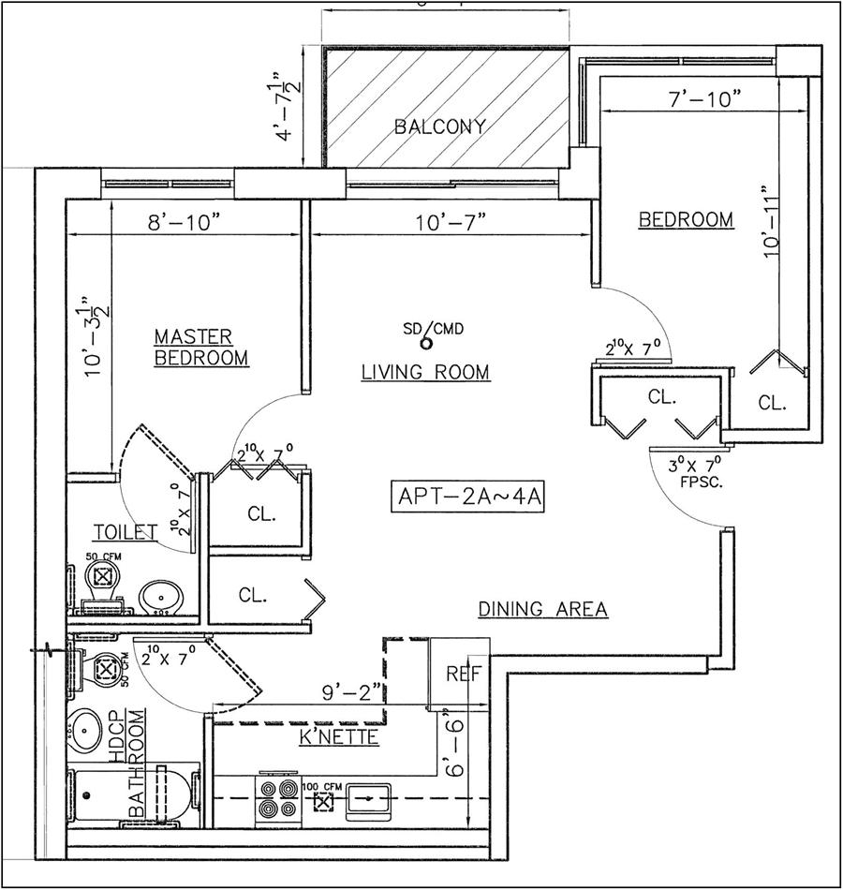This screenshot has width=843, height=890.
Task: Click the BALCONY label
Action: (439, 126)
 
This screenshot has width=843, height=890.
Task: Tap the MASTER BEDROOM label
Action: (201, 347)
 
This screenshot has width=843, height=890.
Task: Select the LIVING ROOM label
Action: (425, 373)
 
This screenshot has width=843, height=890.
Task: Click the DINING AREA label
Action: (543, 609)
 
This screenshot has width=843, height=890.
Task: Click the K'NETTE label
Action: (338, 738)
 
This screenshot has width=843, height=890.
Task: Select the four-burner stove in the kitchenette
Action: (278, 801)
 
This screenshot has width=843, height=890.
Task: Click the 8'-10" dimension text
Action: (185, 222)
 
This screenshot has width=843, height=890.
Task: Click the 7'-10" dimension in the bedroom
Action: (699, 98)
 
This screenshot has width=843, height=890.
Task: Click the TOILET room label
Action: (125, 533)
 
